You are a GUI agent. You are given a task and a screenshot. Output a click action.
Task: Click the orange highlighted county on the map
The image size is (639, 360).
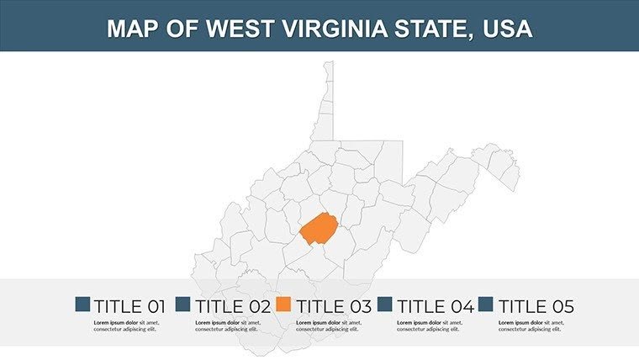click(x=319, y=230)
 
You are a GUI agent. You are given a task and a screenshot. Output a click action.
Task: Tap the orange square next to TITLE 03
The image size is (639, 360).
click(x=284, y=304)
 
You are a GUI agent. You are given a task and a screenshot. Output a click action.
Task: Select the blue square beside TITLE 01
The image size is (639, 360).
click(x=82, y=304)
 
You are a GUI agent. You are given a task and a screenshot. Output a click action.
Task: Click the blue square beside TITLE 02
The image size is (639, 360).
click(x=183, y=304)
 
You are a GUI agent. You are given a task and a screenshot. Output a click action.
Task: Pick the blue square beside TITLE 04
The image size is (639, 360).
click(x=386, y=304)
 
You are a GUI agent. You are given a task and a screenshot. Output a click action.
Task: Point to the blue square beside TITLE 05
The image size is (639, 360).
click(x=486, y=304)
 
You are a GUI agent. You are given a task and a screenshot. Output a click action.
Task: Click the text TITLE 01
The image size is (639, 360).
click(x=129, y=306)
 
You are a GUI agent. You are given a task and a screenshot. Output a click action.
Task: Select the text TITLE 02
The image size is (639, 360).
click(x=231, y=306)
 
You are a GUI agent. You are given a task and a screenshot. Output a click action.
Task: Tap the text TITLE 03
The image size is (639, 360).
click(x=332, y=306)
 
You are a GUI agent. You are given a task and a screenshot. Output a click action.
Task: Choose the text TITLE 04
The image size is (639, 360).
click(x=435, y=306)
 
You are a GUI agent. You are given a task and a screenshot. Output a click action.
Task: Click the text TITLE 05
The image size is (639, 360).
click(x=536, y=306)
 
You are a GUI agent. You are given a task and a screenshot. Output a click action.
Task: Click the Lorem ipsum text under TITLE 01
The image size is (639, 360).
click(x=126, y=326)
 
